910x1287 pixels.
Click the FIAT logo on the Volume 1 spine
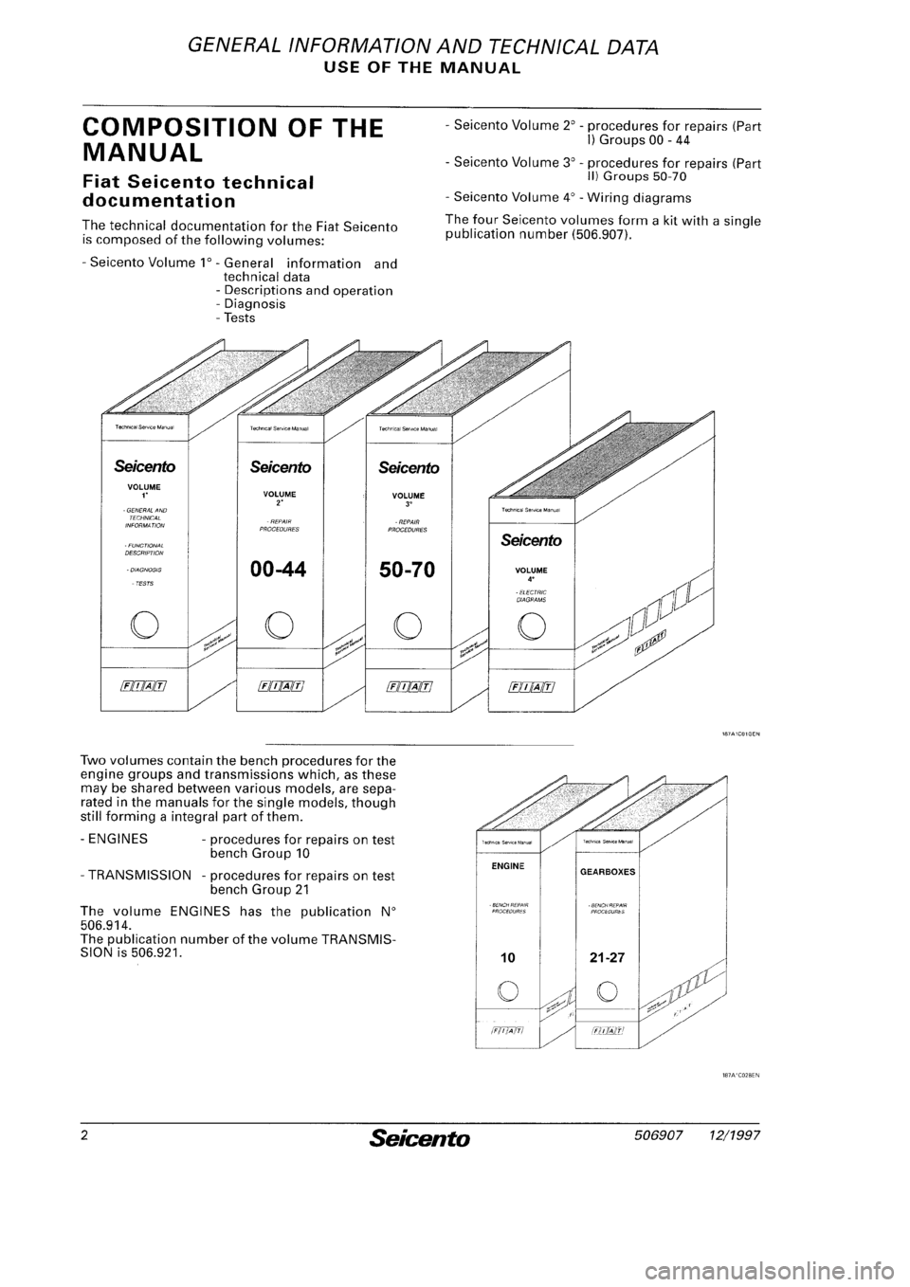coord(152,685)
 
